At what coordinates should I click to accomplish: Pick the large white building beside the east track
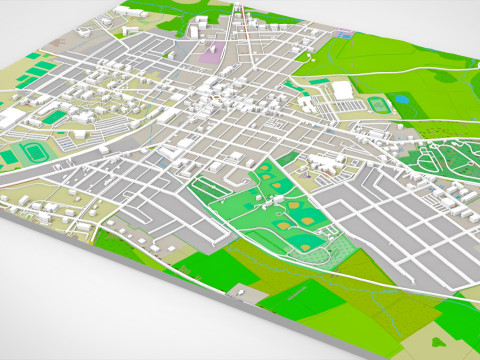pyautogui.click(x=343, y=90)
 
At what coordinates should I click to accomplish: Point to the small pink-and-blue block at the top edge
pyautogui.click(x=347, y=35)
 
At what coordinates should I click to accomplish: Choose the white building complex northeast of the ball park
pyautogui.click(x=323, y=161)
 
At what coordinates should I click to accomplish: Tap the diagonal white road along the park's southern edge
pyautogui.click(x=300, y=262)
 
